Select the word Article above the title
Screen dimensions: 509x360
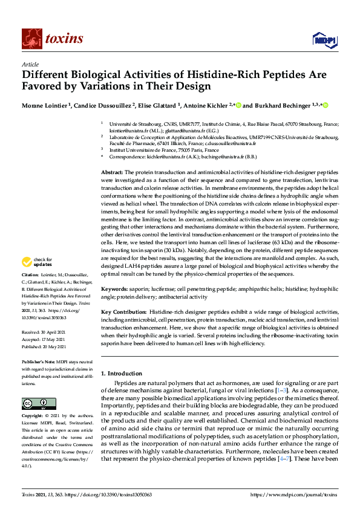point(30,65)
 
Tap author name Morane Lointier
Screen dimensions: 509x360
point(45,105)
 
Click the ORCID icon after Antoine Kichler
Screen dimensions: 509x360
point(238,105)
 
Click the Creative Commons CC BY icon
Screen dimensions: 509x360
point(34,403)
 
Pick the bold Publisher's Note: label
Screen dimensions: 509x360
point(39,362)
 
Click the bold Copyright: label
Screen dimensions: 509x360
point(34,417)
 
